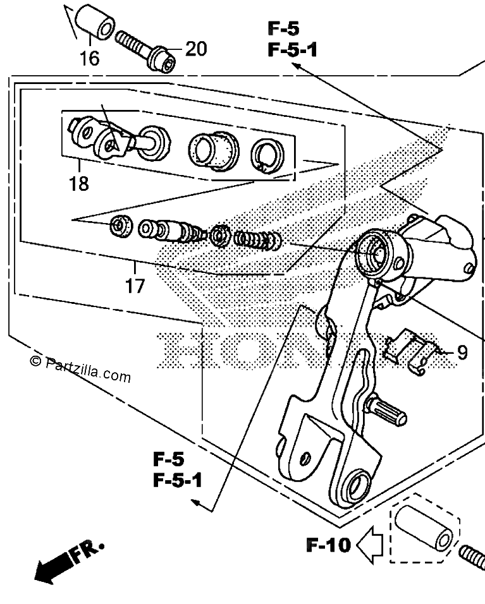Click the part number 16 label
[89, 59]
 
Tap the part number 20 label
[196, 49]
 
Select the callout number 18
[79, 183]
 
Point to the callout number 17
[135, 286]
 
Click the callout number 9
[462, 352]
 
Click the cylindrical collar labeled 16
[94, 22]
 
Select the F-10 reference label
[329, 545]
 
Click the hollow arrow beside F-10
[370, 545]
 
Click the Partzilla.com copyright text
[80, 368]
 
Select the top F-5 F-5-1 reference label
[292, 39]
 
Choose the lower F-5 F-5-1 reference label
[177, 470]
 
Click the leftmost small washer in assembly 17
[121, 226]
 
